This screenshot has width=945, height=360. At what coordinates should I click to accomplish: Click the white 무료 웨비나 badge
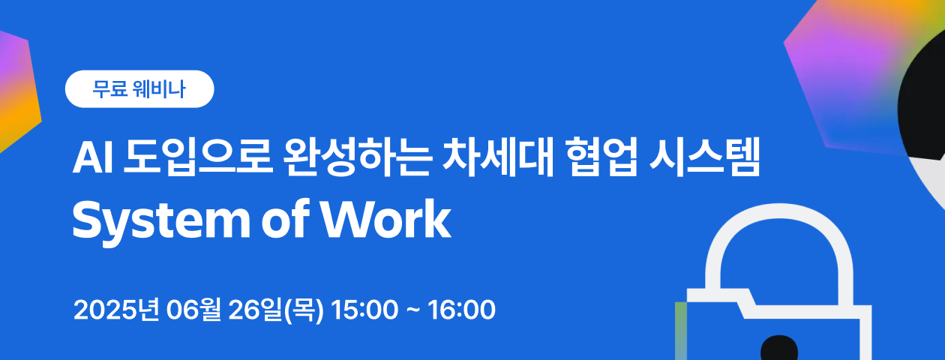[x=139, y=89]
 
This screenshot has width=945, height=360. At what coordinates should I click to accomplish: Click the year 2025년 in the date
[x=116, y=310]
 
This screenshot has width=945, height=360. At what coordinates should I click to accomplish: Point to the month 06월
[x=193, y=310]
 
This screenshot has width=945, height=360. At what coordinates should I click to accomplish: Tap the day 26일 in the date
[x=256, y=310]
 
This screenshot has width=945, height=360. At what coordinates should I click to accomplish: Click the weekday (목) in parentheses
[x=304, y=310]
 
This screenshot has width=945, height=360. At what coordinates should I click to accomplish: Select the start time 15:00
[x=365, y=310]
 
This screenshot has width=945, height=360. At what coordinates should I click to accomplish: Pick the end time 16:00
[x=461, y=310]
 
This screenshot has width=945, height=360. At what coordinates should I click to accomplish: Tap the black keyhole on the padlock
[x=779, y=348]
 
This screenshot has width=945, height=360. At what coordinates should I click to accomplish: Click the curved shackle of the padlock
[x=713, y=253]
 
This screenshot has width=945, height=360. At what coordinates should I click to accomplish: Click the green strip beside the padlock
[x=681, y=331]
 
